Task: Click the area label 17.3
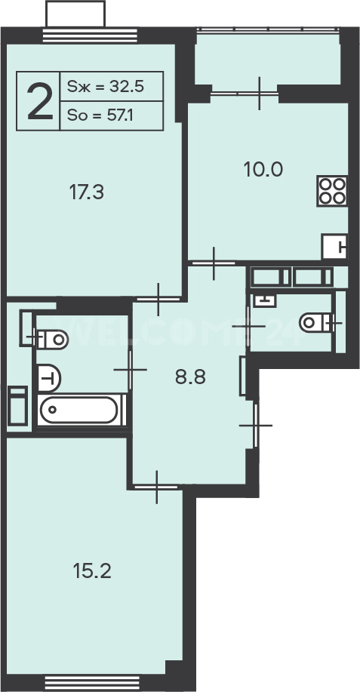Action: [87, 192]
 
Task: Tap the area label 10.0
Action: [263, 169]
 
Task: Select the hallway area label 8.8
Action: [191, 378]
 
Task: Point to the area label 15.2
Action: [92, 572]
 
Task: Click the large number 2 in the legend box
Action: [40, 102]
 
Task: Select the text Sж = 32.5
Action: [106, 87]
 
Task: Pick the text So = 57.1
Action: [100, 115]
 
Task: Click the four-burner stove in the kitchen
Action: [332, 191]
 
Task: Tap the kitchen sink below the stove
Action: [334, 247]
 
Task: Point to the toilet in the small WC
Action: [318, 323]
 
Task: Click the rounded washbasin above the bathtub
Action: [48, 378]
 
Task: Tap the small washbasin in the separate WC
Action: [265, 301]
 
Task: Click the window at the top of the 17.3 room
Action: [90, 35]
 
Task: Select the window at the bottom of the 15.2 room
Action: [92, 682]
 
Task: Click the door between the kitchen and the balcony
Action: [245, 93]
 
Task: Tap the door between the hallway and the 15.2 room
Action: [157, 487]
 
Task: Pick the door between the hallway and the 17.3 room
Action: [158, 300]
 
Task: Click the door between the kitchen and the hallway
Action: [214, 263]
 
